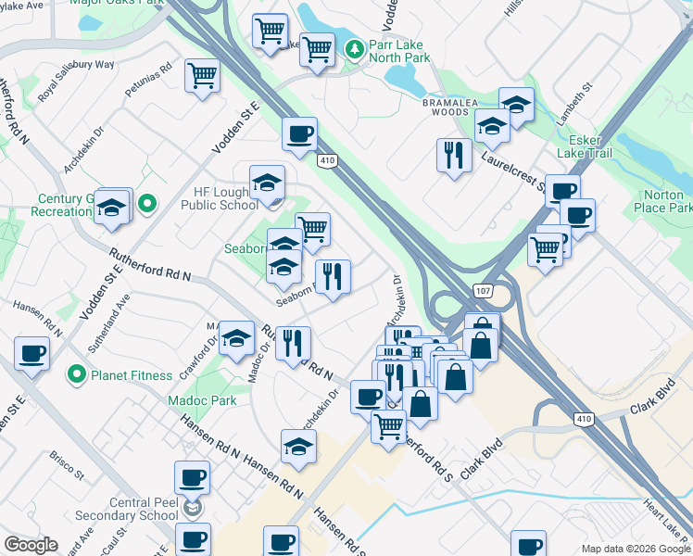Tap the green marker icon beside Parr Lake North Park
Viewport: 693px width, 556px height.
point(353,49)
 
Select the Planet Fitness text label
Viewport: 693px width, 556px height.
point(132,375)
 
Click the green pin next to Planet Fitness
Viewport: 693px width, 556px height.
point(79,375)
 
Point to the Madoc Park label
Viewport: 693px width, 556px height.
point(203,400)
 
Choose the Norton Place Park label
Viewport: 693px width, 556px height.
point(666,201)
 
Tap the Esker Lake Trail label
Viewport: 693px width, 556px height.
point(584,153)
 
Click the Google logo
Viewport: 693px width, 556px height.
point(31,545)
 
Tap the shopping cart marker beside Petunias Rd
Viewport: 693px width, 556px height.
point(202,77)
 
